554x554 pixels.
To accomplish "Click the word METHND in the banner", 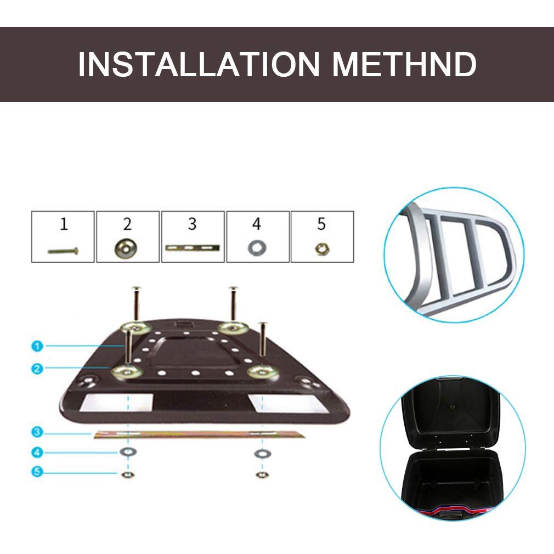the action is coord(405,64).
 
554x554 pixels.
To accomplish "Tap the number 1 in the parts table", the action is coord(64,224).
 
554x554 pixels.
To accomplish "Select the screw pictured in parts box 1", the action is coord(63,251).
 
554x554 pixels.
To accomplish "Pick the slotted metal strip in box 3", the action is coord(193,248).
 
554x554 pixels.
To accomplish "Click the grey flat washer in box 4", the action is coord(257,248).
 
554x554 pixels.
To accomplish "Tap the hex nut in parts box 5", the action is coord(322,249).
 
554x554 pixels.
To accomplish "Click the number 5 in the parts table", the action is coord(321,224).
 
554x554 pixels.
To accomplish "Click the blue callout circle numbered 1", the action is coord(37,346).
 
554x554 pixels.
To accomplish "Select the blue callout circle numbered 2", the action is coord(37,369).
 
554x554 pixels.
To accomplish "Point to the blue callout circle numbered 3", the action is coord(37,432).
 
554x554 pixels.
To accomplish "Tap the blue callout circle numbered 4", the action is coord(37,452).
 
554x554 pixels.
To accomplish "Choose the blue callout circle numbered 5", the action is coord(37,472).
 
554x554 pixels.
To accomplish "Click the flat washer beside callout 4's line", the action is coord(128,451).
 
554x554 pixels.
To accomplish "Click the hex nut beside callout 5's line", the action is coord(128,474).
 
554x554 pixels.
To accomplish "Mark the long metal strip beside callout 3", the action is coord(199,434).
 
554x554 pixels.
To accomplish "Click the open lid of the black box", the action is coord(451,414).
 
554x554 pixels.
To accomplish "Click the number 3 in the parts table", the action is coord(192,224).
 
